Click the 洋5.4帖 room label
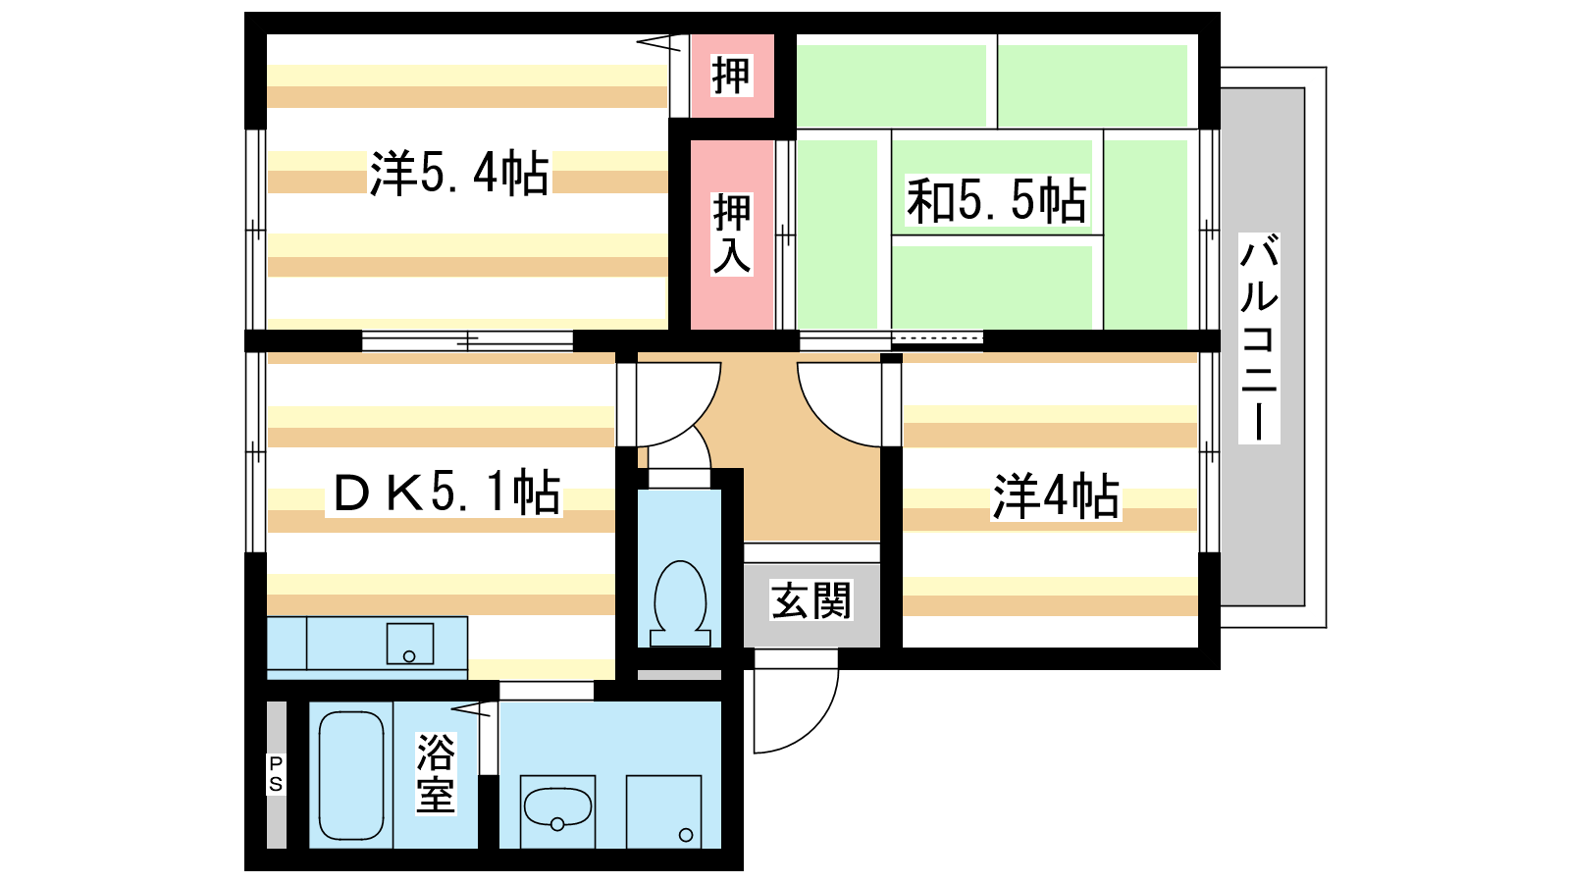pyautogui.click(x=459, y=173)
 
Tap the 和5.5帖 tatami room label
pyautogui.click(x=996, y=200)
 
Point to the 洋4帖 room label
pyautogui.click(x=1055, y=496)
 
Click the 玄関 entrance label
pyautogui.click(x=811, y=600)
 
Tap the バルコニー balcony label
pyautogui.click(x=1259, y=338)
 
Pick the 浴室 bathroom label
pyautogui.click(x=436, y=774)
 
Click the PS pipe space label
pyautogui.click(x=276, y=774)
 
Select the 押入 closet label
pyautogui.click(x=731, y=234)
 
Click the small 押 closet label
pyautogui.click(x=731, y=75)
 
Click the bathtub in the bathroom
pyautogui.click(x=351, y=775)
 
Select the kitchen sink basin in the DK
pyautogui.click(x=410, y=644)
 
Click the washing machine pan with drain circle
pyautogui.click(x=663, y=811)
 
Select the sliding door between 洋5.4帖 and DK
pyautogui.click(x=467, y=341)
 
